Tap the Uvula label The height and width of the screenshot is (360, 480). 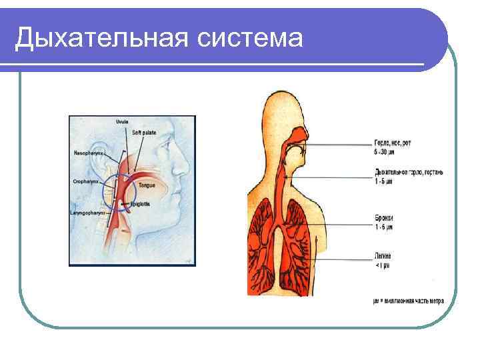pyautogui.click(x=121, y=122)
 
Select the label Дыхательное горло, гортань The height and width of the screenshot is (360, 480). pyautogui.click(x=409, y=172)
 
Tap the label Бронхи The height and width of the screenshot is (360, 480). pyautogui.click(x=384, y=218)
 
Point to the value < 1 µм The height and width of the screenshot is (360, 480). pyautogui.click(x=382, y=265)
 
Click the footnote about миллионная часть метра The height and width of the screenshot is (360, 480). pyautogui.click(x=408, y=301)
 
